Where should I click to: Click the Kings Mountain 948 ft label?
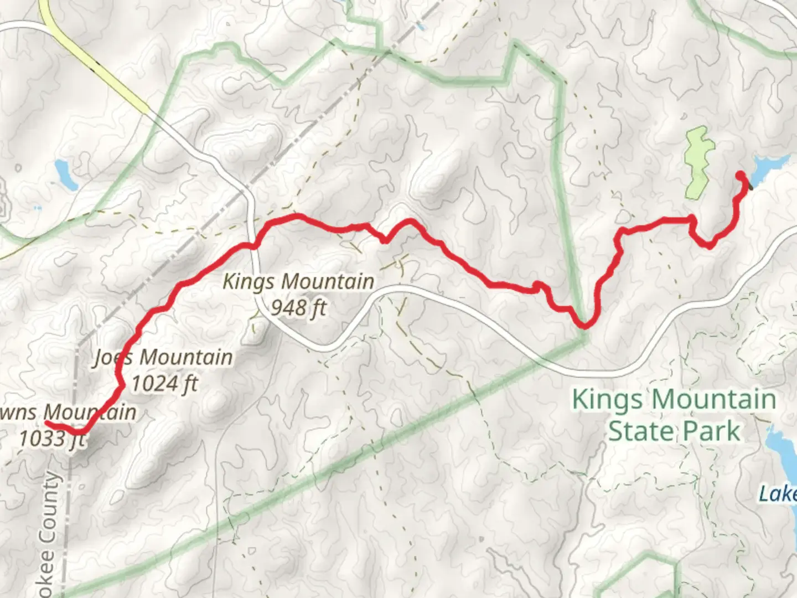click(x=298, y=294)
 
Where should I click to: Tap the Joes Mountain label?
click(x=163, y=358)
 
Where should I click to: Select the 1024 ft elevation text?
click(x=164, y=383)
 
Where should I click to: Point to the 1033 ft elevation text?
click(x=52, y=439)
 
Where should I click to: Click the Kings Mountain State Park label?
click(x=674, y=414)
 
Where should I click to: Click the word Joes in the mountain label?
click(x=113, y=358)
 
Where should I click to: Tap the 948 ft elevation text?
click(x=298, y=307)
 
